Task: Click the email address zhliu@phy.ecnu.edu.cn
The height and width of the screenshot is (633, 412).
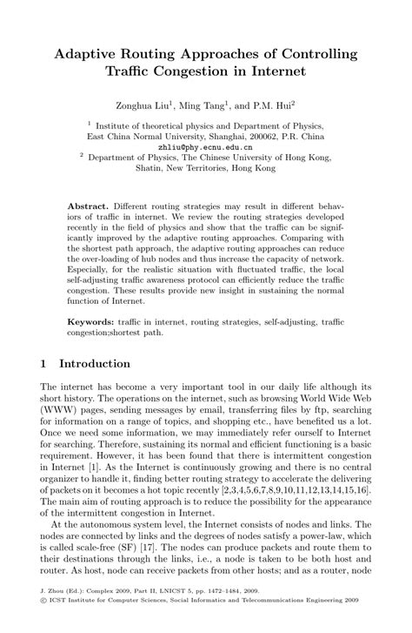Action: (206, 147)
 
